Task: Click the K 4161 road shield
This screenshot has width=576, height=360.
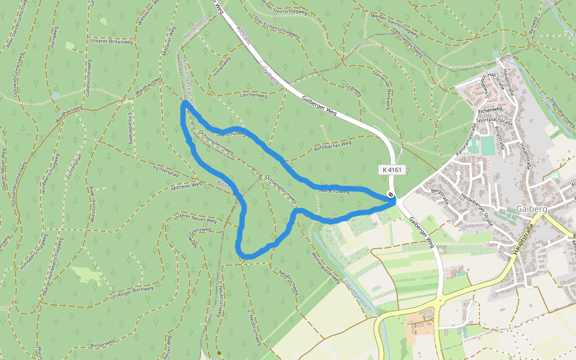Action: [x=394, y=170]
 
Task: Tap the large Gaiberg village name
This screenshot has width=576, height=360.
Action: [x=530, y=209]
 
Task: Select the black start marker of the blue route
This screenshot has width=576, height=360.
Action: [x=391, y=194]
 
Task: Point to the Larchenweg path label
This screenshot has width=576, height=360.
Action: [x=253, y=95]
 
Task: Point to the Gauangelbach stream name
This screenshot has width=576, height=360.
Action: [x=358, y=296]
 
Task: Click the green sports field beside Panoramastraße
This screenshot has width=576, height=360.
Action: [x=487, y=145]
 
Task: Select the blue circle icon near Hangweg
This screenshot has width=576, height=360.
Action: [x=56, y=95]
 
